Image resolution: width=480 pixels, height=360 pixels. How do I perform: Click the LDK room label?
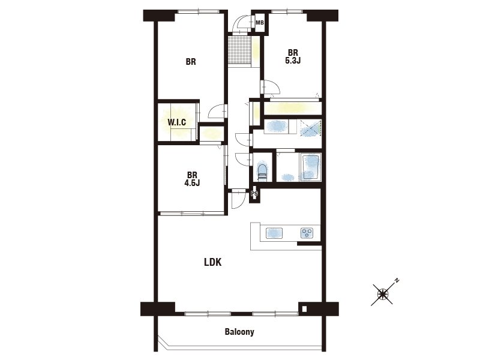point(213,262)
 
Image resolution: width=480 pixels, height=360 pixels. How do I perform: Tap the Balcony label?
point(239,332)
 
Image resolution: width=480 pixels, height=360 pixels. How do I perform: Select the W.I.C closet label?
point(176,122)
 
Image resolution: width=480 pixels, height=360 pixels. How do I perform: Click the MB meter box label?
point(260,23)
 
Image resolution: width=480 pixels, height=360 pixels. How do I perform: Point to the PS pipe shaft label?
point(254,194)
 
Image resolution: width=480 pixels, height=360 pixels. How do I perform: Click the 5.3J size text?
point(293,61)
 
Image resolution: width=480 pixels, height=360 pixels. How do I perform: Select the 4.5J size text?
point(192,183)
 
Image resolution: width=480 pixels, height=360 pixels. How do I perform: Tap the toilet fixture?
point(262,172)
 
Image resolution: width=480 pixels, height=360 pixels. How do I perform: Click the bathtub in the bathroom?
point(311,167)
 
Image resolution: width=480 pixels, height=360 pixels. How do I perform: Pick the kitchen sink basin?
point(274,233)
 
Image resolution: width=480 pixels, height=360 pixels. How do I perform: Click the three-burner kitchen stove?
point(307,233)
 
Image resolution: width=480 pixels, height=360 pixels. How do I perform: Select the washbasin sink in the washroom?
point(277,126)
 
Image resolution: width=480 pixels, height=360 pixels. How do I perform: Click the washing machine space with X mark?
point(311,127)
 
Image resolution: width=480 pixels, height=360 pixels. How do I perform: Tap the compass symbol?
point(383,294)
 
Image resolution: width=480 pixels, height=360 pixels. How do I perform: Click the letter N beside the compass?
point(397,280)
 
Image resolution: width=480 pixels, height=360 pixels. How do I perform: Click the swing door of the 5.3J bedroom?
point(271,86)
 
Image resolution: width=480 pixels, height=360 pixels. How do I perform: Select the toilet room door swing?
point(244,159)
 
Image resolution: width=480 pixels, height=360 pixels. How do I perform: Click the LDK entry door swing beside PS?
point(238,199)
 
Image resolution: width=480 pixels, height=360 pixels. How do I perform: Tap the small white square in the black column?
point(304,309)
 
